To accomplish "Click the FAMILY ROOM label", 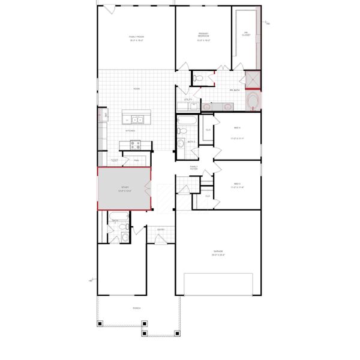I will pyautogui.click(x=137, y=37).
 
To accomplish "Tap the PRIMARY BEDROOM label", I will pyautogui.click(x=203, y=34).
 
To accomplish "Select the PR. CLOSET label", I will pyautogui.click(x=246, y=34).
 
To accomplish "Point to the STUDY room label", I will pyautogui.click(x=125, y=188).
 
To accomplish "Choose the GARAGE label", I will pyautogui.click(x=218, y=251).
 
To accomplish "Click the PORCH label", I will pyautogui.click(x=137, y=309).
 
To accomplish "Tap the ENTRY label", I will pyautogui.click(x=161, y=229).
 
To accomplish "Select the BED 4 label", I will pyautogui.click(x=237, y=127).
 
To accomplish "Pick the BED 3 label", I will pyautogui.click(x=237, y=184).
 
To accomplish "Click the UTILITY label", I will pyautogui.click(x=188, y=99).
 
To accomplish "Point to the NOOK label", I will pyautogui.click(x=137, y=89).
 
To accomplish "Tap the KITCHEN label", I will pyautogui.click(x=130, y=130).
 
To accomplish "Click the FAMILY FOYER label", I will pyautogui.click(x=194, y=167).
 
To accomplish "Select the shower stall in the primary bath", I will pyautogui.click(x=252, y=79).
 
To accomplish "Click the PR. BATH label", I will pyautogui.click(x=235, y=91).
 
